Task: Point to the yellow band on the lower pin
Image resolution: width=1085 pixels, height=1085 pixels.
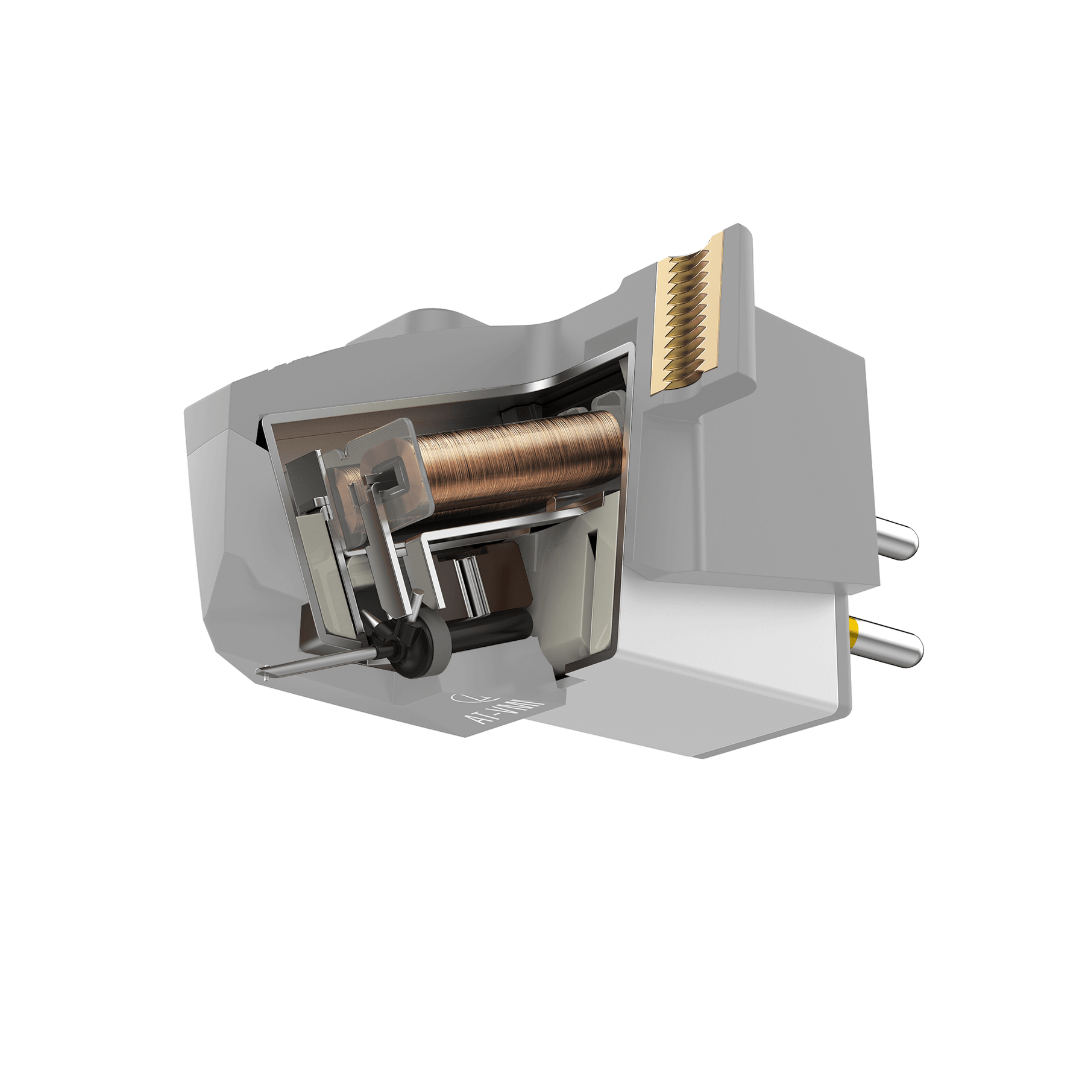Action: pyautogui.click(x=854, y=633)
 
